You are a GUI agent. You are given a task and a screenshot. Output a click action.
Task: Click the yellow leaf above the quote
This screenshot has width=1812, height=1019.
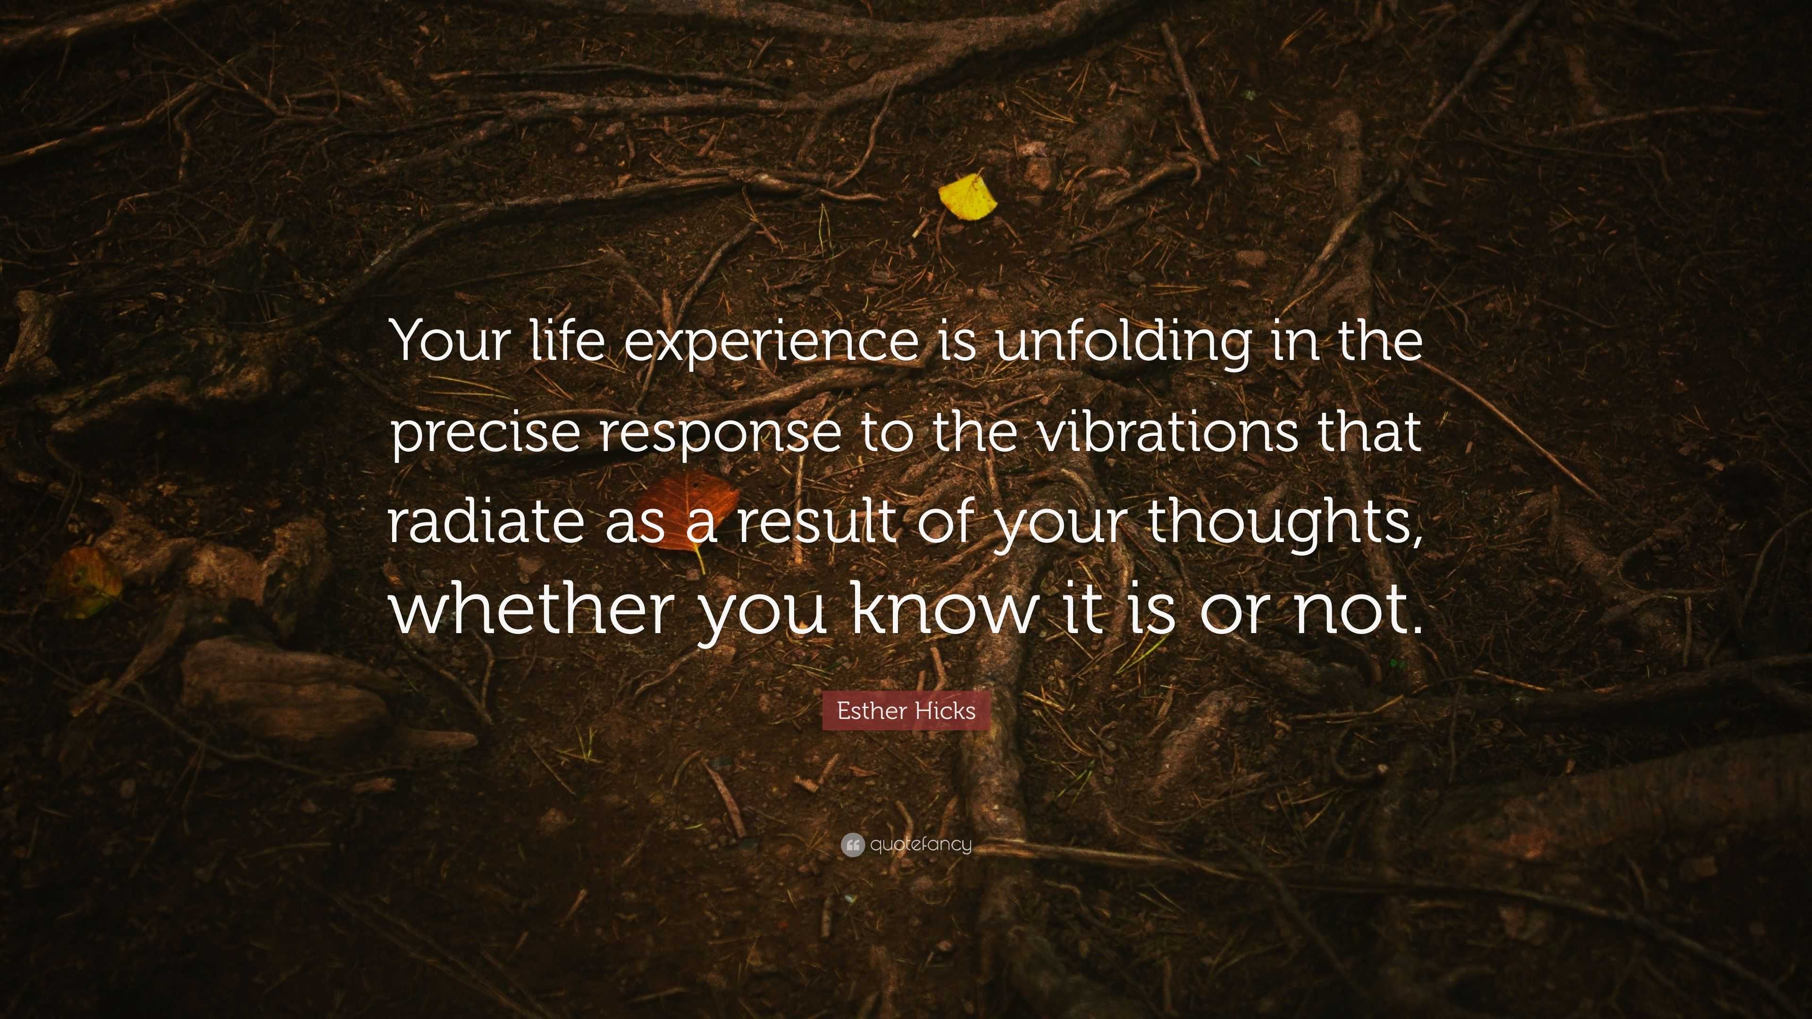click(x=968, y=197)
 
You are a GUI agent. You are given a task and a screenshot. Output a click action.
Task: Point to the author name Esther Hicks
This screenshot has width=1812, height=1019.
click(x=906, y=711)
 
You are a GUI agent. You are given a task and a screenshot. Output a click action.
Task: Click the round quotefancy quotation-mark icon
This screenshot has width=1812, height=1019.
click(x=852, y=844)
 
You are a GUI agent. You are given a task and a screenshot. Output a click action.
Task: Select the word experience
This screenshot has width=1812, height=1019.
click(x=770, y=342)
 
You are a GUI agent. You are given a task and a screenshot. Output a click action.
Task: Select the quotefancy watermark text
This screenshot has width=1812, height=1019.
click(x=920, y=844)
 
